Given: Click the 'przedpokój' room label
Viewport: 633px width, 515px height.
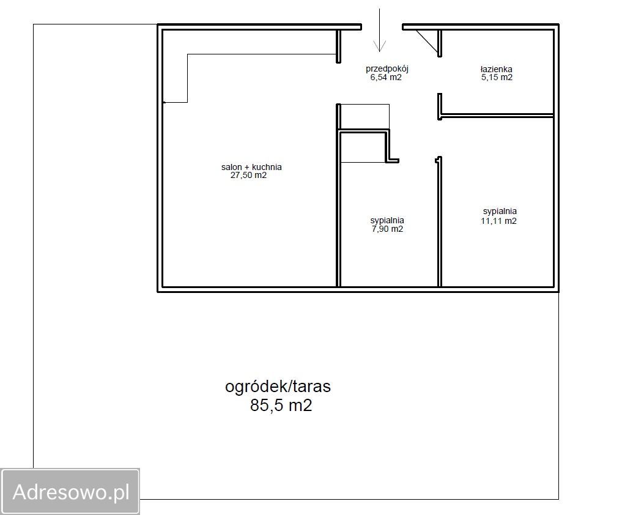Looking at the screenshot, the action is point(387,69).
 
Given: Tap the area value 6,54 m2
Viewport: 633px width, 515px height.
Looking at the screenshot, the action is point(386,78).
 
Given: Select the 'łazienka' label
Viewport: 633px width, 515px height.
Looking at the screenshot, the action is point(496,69).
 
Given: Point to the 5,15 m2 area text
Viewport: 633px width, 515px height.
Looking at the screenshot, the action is point(497,78).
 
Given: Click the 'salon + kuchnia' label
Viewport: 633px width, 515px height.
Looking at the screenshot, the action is point(251,167).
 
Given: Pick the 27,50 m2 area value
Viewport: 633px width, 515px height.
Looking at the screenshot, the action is point(249,176).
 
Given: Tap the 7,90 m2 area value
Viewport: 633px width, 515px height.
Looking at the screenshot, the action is point(387,229).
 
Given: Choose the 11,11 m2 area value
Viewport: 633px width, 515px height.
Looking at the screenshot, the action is point(498,221).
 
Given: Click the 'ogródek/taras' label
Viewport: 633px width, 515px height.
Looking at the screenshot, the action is point(278,387).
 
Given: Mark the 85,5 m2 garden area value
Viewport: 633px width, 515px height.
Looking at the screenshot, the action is point(281,406).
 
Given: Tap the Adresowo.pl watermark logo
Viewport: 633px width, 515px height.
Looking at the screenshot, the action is point(70,492).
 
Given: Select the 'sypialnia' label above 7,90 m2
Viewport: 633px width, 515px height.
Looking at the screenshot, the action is point(387,221).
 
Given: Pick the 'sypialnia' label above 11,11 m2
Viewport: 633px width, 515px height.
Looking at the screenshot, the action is point(500,212).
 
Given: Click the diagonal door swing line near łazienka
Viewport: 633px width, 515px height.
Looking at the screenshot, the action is point(427,42).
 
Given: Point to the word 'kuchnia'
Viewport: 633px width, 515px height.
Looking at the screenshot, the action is point(267,167).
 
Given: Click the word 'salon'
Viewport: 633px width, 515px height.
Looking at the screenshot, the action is point(232,167).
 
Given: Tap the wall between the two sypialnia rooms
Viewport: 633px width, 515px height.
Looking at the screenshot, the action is point(440,222).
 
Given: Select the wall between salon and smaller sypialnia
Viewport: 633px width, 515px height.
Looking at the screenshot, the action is point(339,210).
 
